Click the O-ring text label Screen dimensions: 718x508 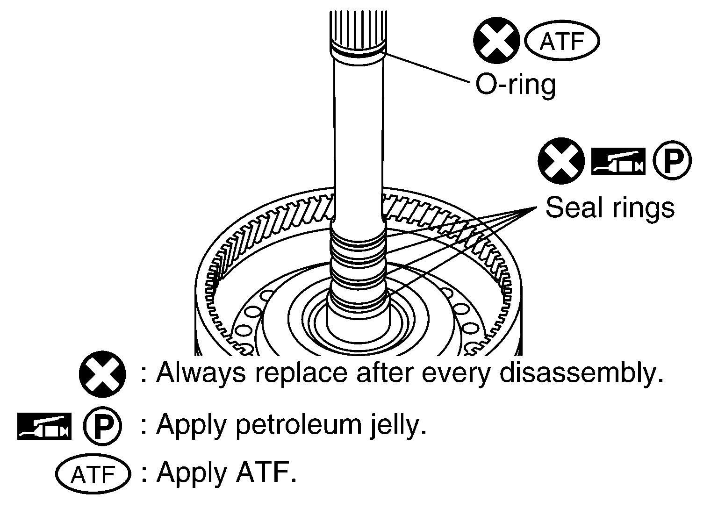[516, 84]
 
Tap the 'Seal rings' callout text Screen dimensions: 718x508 [610, 207]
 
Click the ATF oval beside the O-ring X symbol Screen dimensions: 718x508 [562, 41]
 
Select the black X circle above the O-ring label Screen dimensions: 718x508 [496, 40]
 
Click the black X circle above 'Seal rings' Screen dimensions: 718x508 [561, 161]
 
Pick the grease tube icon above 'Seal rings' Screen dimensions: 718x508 [618, 161]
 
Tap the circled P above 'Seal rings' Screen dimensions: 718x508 [672, 161]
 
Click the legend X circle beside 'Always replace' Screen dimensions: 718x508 [102, 374]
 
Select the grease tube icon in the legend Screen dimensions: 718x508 [44, 426]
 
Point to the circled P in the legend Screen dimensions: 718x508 [102, 426]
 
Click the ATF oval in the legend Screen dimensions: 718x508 [93, 474]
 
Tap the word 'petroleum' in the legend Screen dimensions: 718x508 [299, 426]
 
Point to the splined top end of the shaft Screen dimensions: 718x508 [358, 29]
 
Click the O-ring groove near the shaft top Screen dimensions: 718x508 [358, 55]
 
